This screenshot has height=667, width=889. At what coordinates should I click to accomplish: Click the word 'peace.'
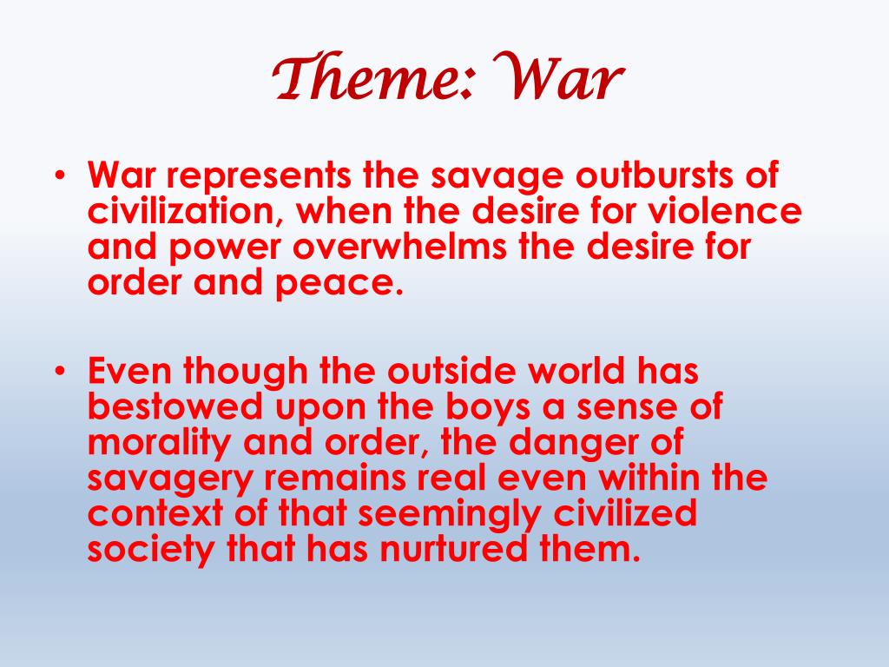[343, 283]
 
